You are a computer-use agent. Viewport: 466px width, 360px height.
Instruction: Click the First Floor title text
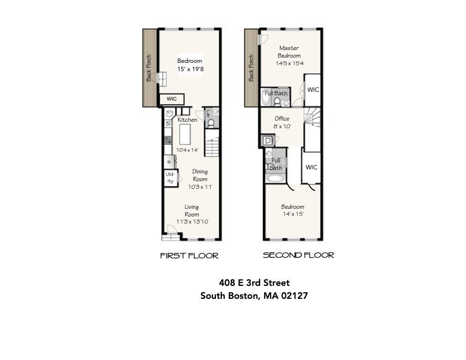click(x=189, y=256)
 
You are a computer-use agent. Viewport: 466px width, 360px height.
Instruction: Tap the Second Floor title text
click(x=298, y=255)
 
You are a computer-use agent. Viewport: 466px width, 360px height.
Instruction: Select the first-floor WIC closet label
click(x=172, y=99)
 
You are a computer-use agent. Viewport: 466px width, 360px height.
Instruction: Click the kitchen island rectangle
click(x=184, y=135)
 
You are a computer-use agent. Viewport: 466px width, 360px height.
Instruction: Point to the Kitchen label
click(x=188, y=120)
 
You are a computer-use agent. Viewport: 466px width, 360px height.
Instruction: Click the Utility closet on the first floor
click(x=170, y=178)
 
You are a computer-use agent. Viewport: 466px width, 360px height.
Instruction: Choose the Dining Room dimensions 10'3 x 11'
click(x=200, y=187)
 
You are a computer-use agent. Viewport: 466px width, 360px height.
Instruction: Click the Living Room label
click(x=192, y=211)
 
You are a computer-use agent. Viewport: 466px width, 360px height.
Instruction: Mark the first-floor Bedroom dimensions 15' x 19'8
click(x=190, y=68)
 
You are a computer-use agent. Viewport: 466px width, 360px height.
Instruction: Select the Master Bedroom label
click(x=289, y=52)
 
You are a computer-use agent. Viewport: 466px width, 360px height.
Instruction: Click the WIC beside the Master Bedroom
click(x=313, y=90)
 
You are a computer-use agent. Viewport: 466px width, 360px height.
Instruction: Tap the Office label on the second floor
click(x=282, y=119)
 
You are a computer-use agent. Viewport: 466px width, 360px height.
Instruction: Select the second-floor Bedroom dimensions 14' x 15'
click(x=292, y=214)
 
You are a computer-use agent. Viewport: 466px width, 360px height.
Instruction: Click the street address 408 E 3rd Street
click(x=254, y=284)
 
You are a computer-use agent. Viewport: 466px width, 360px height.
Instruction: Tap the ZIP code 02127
click(x=294, y=296)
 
